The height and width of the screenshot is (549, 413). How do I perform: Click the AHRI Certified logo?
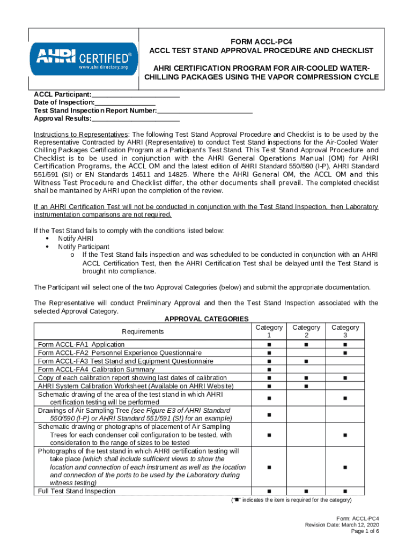83,60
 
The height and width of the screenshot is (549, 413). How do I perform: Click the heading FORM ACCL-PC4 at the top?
261,41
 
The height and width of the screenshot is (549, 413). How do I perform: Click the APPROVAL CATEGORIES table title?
206,319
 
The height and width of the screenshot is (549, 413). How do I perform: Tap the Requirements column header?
143,331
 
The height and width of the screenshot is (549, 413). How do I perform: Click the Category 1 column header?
269,331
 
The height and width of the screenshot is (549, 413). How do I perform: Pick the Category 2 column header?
306,331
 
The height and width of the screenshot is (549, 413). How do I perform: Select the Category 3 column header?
345,331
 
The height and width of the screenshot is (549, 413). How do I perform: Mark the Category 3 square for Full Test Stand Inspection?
345,491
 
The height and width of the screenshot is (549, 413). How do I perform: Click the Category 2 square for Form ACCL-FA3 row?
306,361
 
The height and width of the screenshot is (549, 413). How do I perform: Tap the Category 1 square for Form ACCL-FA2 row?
269,353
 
